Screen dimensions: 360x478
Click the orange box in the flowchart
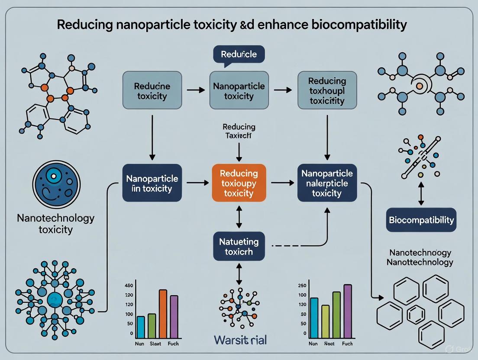[239, 183]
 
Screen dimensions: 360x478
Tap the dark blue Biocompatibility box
[421, 219]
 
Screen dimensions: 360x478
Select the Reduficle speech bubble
[239, 55]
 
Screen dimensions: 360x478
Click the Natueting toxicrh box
[239, 246]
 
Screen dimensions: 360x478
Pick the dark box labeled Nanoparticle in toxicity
[152, 183]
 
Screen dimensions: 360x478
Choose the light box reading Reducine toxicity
[152, 90]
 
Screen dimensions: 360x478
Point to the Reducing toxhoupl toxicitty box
[327, 90]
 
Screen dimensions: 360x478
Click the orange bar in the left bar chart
[163, 314]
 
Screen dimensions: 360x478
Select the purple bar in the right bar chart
[348, 311]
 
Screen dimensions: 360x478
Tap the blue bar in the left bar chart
[141, 327]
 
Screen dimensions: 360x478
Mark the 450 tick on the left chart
[129, 286]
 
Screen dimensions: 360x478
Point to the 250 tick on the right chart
[302, 286]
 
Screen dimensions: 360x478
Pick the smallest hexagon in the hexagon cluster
[416, 314]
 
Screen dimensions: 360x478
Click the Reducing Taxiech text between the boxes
[239, 131]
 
